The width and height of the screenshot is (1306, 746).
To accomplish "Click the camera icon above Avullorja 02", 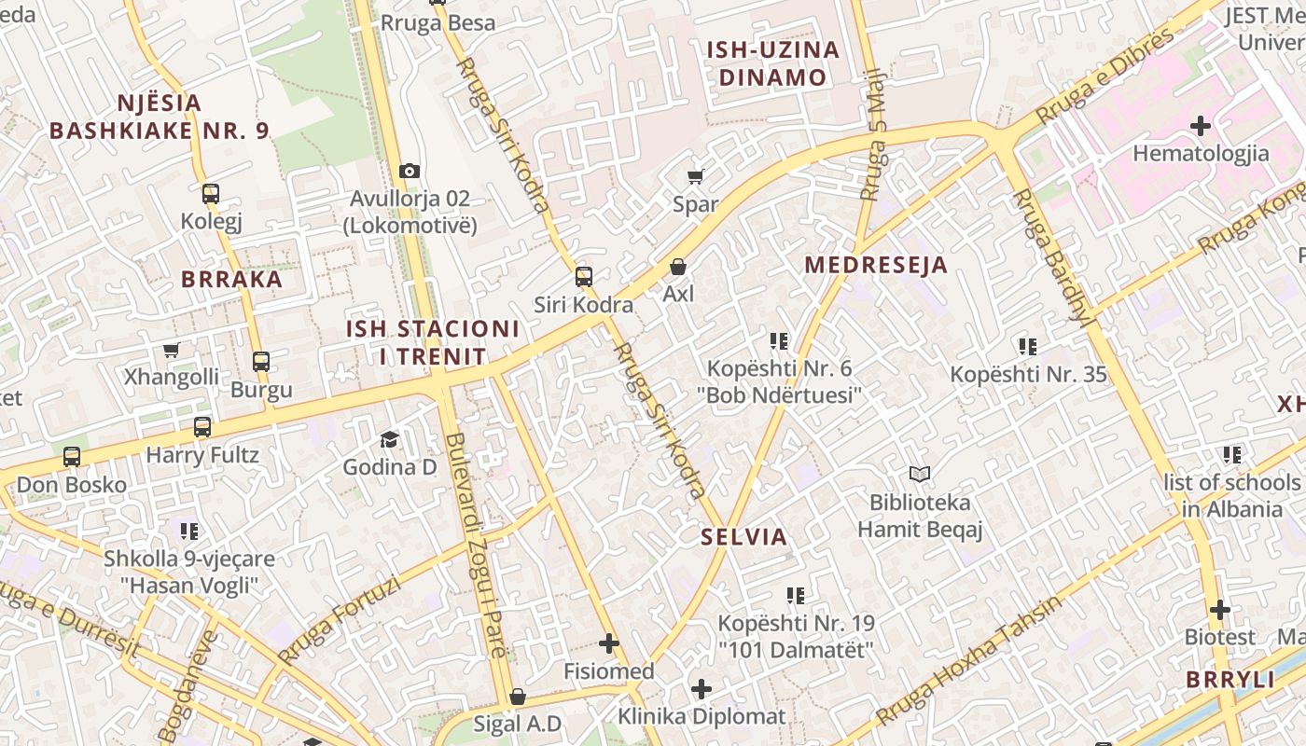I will point(409,171).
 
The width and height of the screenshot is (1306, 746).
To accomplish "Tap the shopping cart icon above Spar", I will point(695,176).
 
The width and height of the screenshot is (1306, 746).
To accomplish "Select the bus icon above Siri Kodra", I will point(583,276).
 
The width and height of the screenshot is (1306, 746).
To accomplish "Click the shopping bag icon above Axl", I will point(678,267).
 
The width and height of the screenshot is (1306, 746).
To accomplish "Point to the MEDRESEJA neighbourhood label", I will point(876,265).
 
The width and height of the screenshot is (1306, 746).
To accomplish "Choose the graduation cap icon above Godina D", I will point(389,439).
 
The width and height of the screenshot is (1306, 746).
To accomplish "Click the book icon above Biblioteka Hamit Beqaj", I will point(920,475).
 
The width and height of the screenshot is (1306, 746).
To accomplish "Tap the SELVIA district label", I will point(744,537).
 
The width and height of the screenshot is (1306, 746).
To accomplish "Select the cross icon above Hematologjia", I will point(1201,125).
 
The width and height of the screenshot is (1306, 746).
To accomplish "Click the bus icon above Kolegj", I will point(211,194).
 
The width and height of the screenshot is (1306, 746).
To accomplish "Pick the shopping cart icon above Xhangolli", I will point(171,351).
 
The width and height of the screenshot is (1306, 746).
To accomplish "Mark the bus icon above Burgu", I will point(261,362).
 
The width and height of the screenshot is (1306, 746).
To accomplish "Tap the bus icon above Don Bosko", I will point(72,457).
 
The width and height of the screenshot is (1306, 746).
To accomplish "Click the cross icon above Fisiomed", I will point(609,643).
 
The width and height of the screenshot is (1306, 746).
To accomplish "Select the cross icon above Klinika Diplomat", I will point(702,689).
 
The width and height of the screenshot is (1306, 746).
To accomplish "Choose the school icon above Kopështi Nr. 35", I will point(1028,347).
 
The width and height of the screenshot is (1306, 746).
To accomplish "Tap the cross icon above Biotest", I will point(1220,610).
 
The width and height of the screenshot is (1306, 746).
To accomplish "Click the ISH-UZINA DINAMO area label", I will point(772,63).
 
